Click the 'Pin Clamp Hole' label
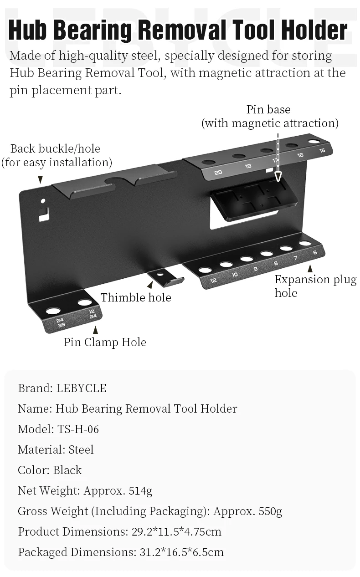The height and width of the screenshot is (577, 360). pos(105,342)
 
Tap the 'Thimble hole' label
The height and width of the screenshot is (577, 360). pos(136,298)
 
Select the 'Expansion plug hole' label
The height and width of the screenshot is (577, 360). pos(315,286)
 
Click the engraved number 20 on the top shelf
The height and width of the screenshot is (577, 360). pos(218,172)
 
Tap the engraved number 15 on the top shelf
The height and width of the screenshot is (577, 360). pos(322,150)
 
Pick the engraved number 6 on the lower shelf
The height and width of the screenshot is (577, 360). pos(315,252)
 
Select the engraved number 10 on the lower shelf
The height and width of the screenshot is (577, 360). pos(234,275)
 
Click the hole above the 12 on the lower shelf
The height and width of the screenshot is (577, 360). pos(206,270)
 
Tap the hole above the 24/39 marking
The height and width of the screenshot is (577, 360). pos(53,311)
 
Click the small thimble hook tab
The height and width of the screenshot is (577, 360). pos(165,277)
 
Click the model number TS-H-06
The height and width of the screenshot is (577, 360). pos(78,429)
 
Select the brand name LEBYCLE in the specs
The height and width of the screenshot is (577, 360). pos(81,388)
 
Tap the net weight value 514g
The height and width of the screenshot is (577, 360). pos(140,490)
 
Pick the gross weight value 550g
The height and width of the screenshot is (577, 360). pos(270,511)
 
